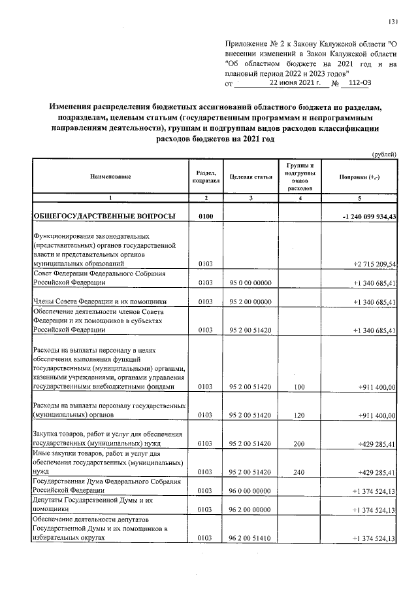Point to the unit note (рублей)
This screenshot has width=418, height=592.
coord(384,154)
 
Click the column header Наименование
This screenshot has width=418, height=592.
coord(110,177)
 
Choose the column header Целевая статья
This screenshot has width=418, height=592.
coord(251,177)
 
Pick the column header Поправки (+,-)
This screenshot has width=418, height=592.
coord(360,177)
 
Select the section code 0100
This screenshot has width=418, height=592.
coord(205,217)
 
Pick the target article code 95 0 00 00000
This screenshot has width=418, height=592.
coord(251,283)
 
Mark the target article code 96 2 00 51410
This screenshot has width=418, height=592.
coord(251,538)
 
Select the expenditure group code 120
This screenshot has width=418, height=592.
coord(300,415)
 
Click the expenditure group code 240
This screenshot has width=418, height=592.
coord(300,471)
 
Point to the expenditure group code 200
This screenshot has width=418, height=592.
coord(300,444)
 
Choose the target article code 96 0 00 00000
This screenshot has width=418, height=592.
coord(251,490)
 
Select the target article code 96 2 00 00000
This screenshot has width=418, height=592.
coord(251,510)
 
